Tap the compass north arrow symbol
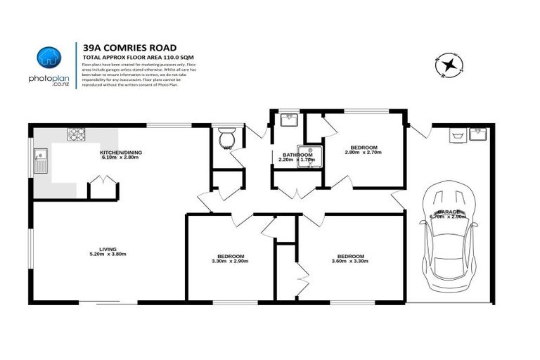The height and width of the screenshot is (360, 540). [x=449, y=65]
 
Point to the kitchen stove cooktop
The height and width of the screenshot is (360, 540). [x=76, y=133]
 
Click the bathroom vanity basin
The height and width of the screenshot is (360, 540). [x=289, y=120]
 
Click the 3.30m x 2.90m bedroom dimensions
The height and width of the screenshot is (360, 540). [x=230, y=261]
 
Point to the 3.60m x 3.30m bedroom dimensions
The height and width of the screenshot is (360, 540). [x=350, y=261]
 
